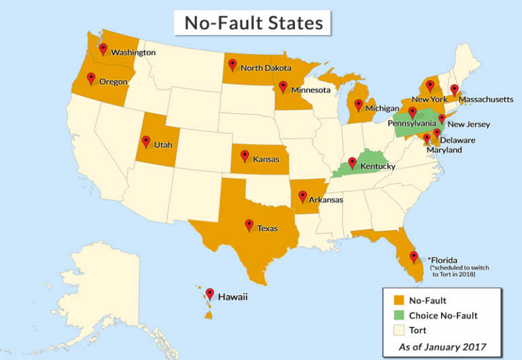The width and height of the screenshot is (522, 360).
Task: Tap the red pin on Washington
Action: click(x=103, y=49)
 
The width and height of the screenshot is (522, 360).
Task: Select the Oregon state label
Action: click(x=114, y=82)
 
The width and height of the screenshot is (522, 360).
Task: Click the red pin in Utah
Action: click(x=145, y=141)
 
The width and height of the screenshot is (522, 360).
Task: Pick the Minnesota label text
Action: click(x=311, y=90)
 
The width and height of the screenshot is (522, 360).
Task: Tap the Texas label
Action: click(x=267, y=228)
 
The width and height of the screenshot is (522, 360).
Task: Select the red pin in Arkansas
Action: click(x=302, y=196)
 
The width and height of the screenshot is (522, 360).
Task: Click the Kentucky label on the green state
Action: click(x=378, y=166)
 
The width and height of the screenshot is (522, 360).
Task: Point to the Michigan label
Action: click(x=381, y=108)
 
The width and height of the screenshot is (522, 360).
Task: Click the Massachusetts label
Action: click(x=486, y=99)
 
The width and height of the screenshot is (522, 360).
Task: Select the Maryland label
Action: click(x=445, y=149)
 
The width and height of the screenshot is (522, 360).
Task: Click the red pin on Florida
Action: click(x=413, y=257)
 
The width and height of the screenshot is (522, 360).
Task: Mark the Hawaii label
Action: click(x=233, y=297)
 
